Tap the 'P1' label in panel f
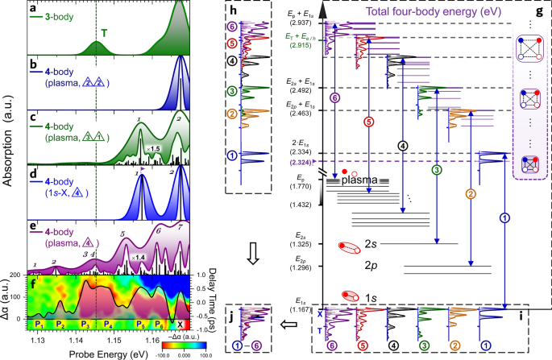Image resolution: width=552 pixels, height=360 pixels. pos(38,323)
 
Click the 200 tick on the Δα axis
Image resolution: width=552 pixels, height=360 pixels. pos(23,275)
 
